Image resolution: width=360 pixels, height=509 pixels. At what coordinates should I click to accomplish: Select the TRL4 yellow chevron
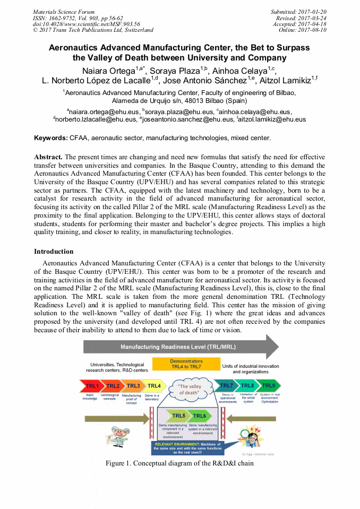pyautogui.click(x=154, y=386)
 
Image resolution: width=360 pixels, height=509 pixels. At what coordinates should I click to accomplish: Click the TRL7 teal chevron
pyautogui.click(x=226, y=386)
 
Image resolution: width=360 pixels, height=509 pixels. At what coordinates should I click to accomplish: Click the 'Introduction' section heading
pyautogui.click(x=54, y=251)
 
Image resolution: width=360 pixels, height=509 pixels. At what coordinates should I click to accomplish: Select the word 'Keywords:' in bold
pyautogui.click(x=51, y=138)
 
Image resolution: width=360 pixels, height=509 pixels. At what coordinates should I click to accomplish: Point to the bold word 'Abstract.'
pyautogui.click(x=48, y=158)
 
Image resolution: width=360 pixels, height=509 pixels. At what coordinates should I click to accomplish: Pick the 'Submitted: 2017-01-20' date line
pyautogui.click(x=298, y=12)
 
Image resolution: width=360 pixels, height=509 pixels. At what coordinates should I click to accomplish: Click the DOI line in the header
pyautogui.click(x=86, y=24)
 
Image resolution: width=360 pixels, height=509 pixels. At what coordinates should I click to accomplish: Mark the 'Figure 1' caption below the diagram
pyautogui.click(x=179, y=463)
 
